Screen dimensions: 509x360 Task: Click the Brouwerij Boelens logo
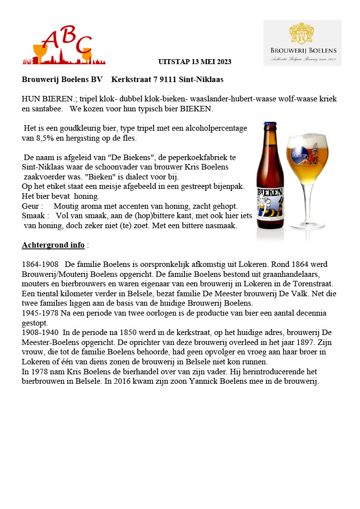[x=302, y=43]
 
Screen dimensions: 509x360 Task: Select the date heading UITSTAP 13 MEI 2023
[x=194, y=62]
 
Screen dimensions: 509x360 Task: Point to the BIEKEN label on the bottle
[x=269, y=192]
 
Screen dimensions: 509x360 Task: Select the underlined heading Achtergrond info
[x=53, y=245]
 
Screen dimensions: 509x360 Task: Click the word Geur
[x=31, y=206]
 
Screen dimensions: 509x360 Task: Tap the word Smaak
[x=34, y=216]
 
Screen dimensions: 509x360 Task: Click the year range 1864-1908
[x=40, y=264]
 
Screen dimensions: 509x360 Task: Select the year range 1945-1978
[x=40, y=313]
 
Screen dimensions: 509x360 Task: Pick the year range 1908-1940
[x=40, y=332]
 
